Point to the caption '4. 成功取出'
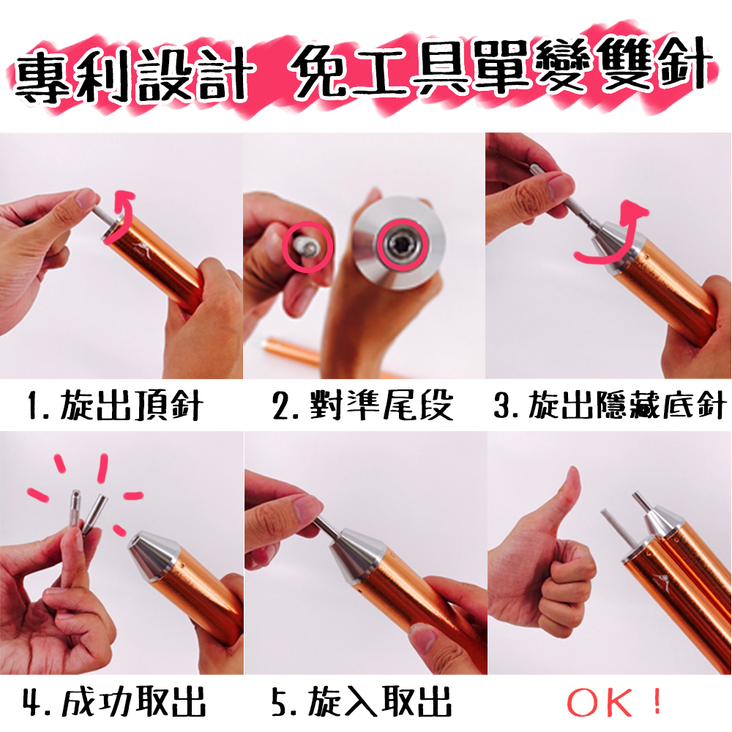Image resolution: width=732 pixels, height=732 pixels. coord(114,701)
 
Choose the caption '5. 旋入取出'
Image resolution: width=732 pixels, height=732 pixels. coord(362,701)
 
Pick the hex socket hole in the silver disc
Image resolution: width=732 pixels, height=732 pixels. coord(401,246)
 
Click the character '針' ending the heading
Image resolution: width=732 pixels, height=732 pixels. coord(687,65)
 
